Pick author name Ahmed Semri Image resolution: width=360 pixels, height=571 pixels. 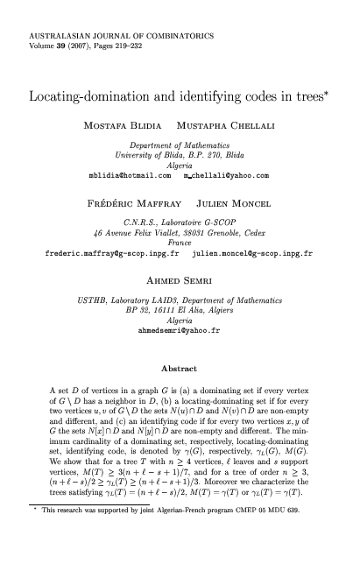pos(179,282)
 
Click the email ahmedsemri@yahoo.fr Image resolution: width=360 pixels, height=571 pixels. pos(179,332)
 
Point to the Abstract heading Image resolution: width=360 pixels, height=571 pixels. pos(179,369)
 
